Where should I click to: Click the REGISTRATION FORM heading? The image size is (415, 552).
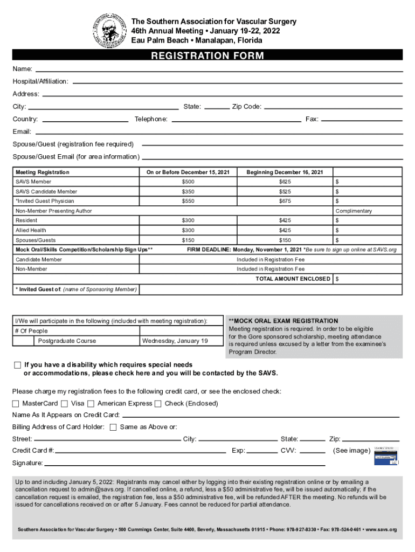click(207, 56)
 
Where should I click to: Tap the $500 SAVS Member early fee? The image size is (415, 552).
click(188, 182)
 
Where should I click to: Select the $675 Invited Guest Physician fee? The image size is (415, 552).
click(285, 201)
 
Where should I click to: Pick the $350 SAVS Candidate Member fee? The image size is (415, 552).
click(188, 191)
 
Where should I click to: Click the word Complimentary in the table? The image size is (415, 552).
click(354, 211)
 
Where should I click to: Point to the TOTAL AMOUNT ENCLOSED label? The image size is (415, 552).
click(293, 279)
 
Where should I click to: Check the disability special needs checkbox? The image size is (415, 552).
click(17, 365)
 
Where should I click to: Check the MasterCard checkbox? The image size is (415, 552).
click(16, 403)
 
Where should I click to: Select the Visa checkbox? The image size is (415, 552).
click(65, 403)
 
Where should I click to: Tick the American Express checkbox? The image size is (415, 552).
click(91, 403)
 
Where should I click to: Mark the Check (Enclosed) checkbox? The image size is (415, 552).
click(158, 403)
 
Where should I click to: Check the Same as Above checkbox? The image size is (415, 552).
click(113, 427)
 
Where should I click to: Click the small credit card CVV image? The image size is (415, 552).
click(386, 456)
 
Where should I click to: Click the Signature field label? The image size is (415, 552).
click(27, 463)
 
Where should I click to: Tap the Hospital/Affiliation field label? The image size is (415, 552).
click(40, 81)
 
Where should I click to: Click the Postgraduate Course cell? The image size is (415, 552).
click(67, 341)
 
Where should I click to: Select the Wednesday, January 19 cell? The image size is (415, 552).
click(175, 341)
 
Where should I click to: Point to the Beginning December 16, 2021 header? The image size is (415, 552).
click(285, 172)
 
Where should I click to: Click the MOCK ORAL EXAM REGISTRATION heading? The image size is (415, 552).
click(283, 321)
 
